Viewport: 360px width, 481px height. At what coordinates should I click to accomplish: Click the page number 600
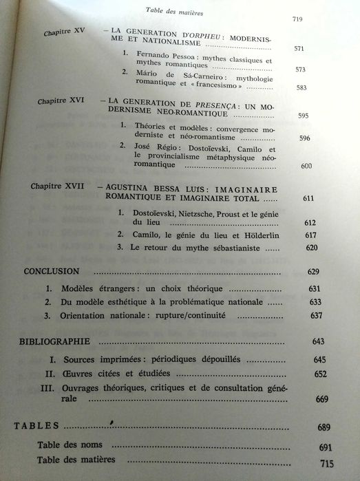click(307, 167)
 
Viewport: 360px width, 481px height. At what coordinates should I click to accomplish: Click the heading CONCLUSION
click(52, 271)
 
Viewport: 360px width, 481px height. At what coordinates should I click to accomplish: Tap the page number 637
click(317, 316)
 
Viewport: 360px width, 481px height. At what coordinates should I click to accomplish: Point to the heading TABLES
click(36, 427)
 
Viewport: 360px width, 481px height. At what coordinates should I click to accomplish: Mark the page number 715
click(326, 464)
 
